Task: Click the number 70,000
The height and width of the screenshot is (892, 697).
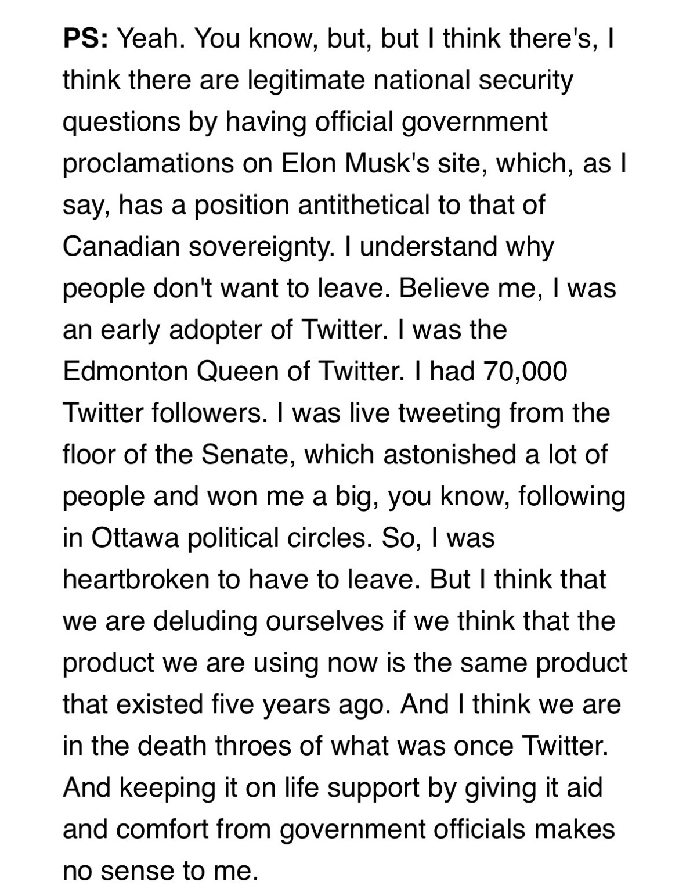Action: point(523,372)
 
